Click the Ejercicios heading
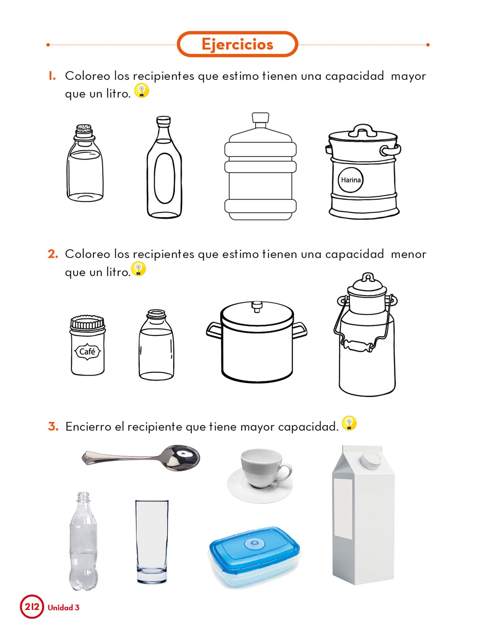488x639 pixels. (x=237, y=44)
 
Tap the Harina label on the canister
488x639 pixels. (x=351, y=180)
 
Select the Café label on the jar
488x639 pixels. (x=87, y=352)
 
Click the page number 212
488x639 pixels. (x=32, y=607)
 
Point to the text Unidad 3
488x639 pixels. (x=64, y=607)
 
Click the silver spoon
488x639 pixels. (x=141, y=458)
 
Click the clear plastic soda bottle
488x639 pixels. (x=83, y=542)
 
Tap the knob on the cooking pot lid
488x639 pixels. (x=257, y=306)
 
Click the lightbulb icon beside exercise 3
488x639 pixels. (x=349, y=423)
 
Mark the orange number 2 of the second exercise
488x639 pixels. (x=53, y=254)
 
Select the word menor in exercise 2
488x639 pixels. (x=408, y=255)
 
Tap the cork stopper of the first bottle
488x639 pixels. (x=84, y=131)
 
